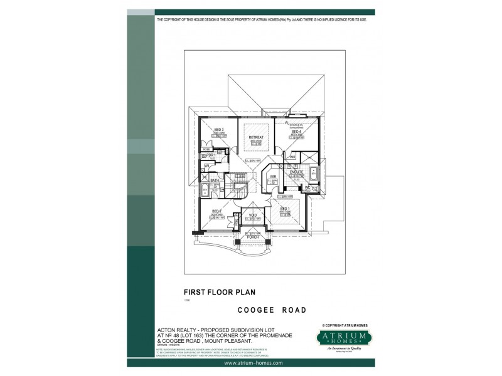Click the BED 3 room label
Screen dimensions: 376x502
pos(219,128)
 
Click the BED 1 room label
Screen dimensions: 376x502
pos(284,208)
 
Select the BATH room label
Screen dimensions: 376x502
pos(215,180)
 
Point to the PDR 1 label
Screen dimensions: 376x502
pos(211,154)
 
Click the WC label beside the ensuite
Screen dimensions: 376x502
pos(308,187)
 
